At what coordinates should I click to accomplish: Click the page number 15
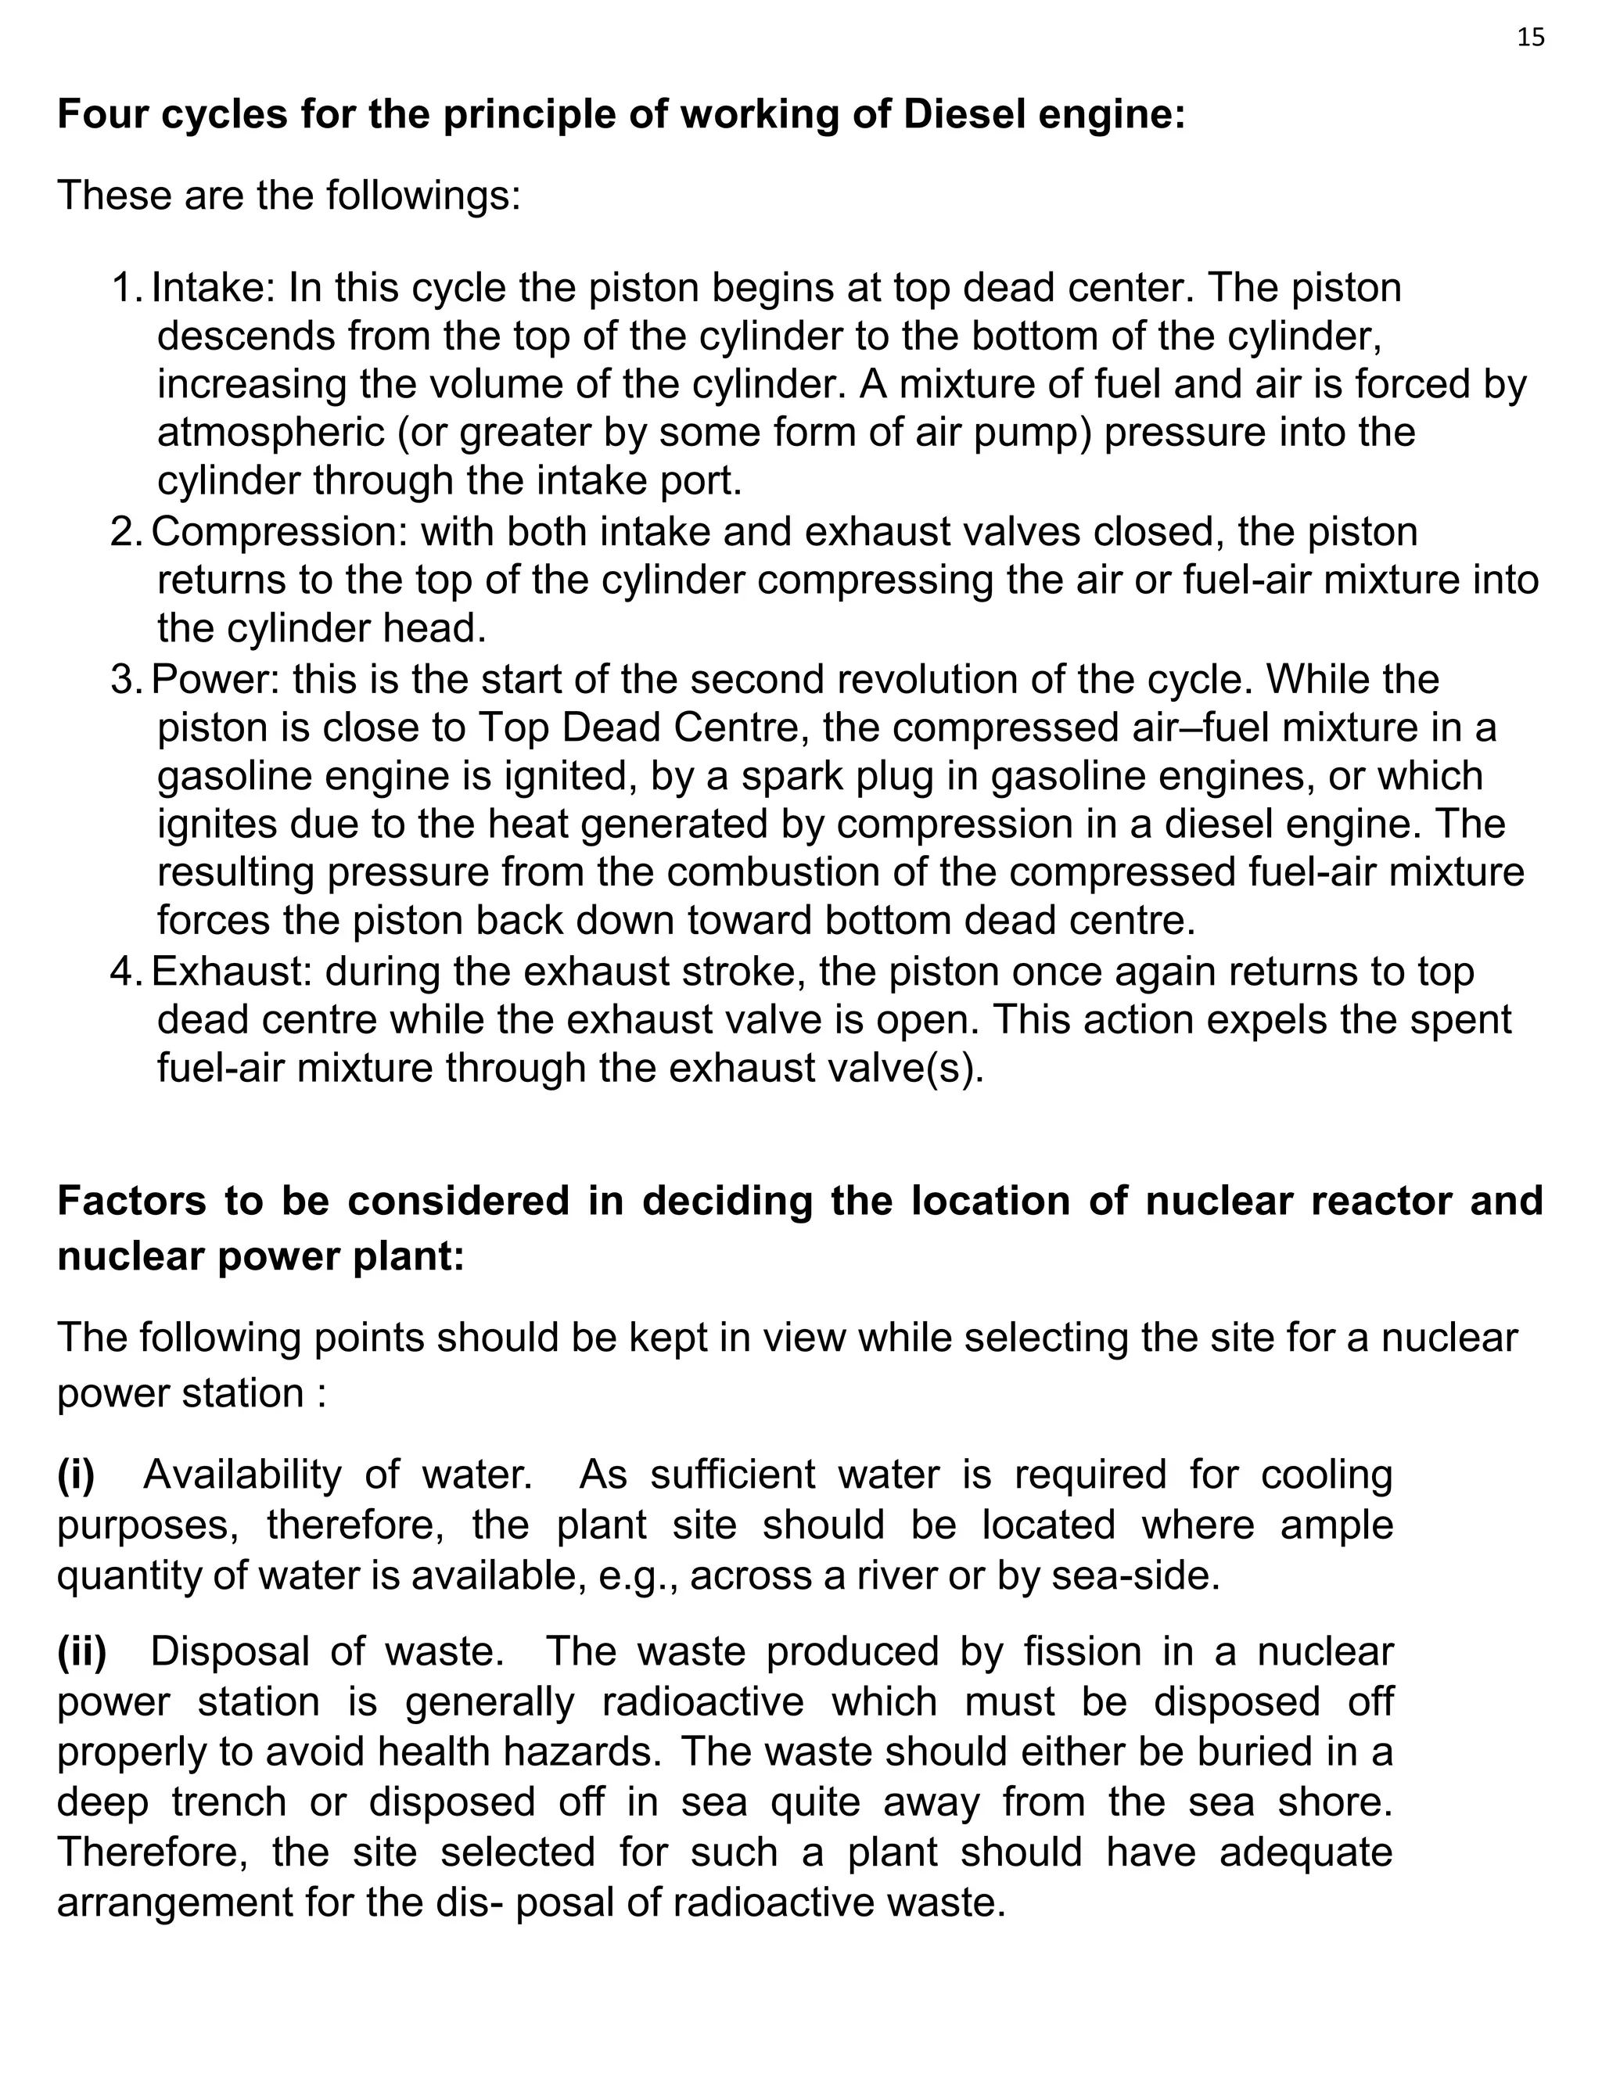tap(1531, 38)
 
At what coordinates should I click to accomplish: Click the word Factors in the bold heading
tap(131, 1201)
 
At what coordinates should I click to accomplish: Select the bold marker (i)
tap(76, 1475)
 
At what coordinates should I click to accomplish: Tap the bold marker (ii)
tap(81, 1651)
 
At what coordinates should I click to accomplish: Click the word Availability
tap(242, 1475)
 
